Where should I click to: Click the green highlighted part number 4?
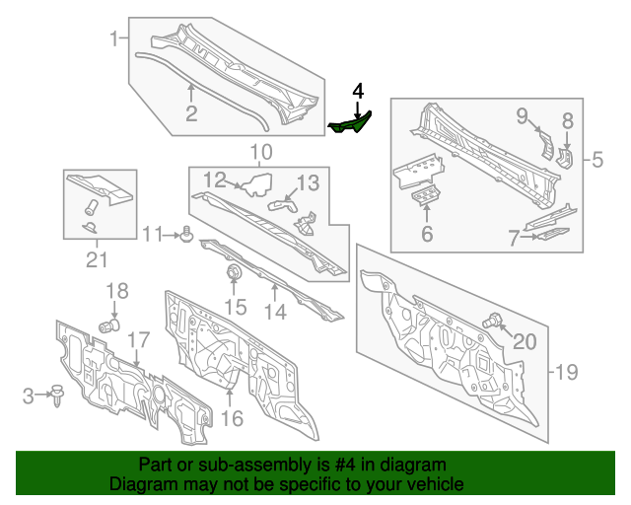pyautogui.click(x=350, y=124)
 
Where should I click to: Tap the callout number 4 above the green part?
pyautogui.click(x=358, y=91)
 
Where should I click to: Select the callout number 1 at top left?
pyautogui.click(x=114, y=39)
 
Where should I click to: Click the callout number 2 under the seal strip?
pyautogui.click(x=191, y=114)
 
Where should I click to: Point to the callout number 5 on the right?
pyautogui.click(x=596, y=158)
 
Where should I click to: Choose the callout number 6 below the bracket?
pyautogui.click(x=427, y=234)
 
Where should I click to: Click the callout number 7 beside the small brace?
pyautogui.click(x=514, y=238)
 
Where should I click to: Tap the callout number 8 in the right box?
pyautogui.click(x=567, y=120)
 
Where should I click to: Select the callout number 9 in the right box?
pyautogui.click(x=523, y=116)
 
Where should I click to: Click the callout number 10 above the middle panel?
pyautogui.click(x=260, y=152)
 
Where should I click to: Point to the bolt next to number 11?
pyautogui.click(x=185, y=235)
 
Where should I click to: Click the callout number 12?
pyautogui.click(x=215, y=180)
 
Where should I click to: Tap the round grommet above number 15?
pyautogui.click(x=235, y=271)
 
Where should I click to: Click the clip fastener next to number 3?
pyautogui.click(x=56, y=396)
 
